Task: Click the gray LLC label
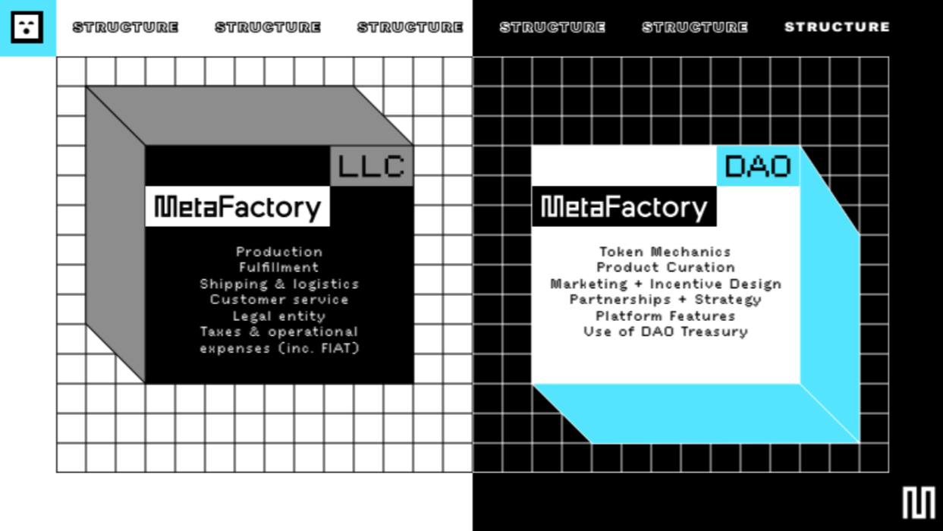[372, 166]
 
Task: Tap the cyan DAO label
[758, 166]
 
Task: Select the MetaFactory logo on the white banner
[237, 206]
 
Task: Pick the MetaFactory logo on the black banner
[624, 206]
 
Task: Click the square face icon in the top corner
[27, 27]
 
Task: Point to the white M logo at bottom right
[918, 503]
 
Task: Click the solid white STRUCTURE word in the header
[837, 27]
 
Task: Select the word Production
[279, 252]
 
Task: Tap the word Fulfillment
[279, 268]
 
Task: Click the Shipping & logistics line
[279, 284]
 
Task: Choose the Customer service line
[279, 300]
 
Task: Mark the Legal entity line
[279, 316]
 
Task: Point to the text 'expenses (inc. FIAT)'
[279, 348]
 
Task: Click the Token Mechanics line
[665, 252]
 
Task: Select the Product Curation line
[665, 268]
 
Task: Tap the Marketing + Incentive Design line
[665, 284]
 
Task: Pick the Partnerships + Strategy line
[665, 300]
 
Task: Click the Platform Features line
[665, 316]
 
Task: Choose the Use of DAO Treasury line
[665, 331]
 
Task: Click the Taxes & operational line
[279, 331]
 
